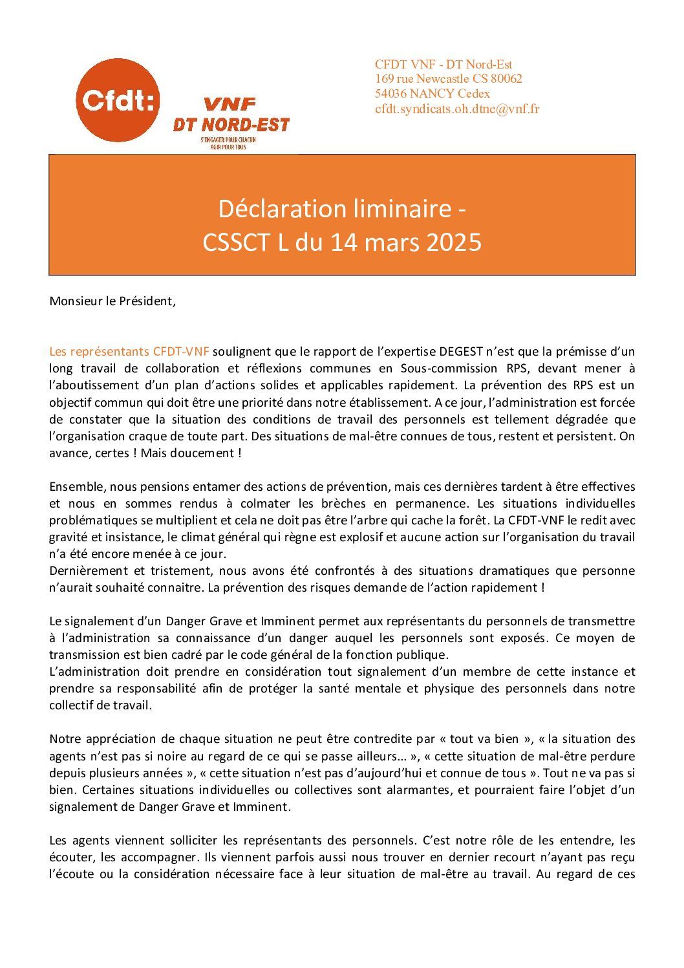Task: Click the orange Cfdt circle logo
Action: point(118,100)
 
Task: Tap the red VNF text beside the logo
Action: point(230,104)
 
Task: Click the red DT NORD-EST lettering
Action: point(231,124)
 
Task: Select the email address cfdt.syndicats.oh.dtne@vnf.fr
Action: point(457,109)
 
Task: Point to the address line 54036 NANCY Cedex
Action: point(433,94)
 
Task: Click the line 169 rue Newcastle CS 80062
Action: point(449,79)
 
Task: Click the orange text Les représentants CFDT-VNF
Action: point(129,352)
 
